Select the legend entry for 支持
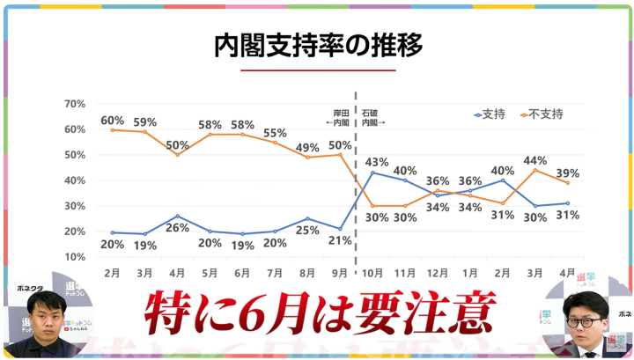point(493,115)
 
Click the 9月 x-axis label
point(340,274)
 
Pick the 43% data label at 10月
point(377,161)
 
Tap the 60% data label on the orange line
point(112,120)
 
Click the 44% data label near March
point(537,160)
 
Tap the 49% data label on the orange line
point(308,146)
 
